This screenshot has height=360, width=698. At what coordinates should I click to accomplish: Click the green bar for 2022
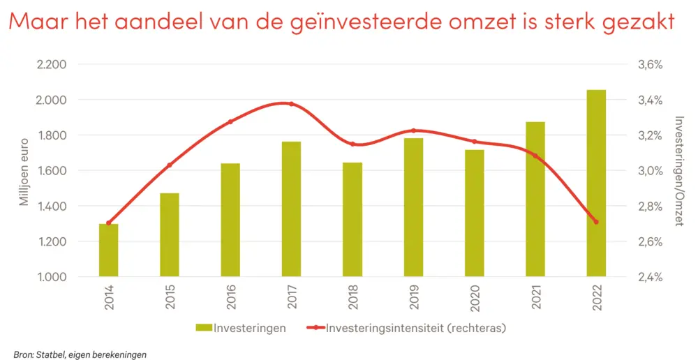[596, 183]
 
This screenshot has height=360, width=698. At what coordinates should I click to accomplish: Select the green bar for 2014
[108, 250]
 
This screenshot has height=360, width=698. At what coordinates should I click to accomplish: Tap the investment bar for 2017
[291, 209]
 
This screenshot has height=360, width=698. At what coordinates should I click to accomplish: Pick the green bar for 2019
[413, 207]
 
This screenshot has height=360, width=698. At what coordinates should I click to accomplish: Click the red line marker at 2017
[291, 104]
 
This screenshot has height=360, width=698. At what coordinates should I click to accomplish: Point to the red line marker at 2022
[596, 222]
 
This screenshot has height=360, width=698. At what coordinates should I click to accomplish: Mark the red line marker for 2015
[170, 165]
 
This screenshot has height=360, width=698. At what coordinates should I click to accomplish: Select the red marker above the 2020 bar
[475, 142]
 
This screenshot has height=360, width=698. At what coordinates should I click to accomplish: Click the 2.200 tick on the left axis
[52, 65]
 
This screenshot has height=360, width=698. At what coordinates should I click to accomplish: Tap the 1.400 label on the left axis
[52, 207]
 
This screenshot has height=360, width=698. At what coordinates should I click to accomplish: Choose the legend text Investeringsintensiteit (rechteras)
[415, 327]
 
